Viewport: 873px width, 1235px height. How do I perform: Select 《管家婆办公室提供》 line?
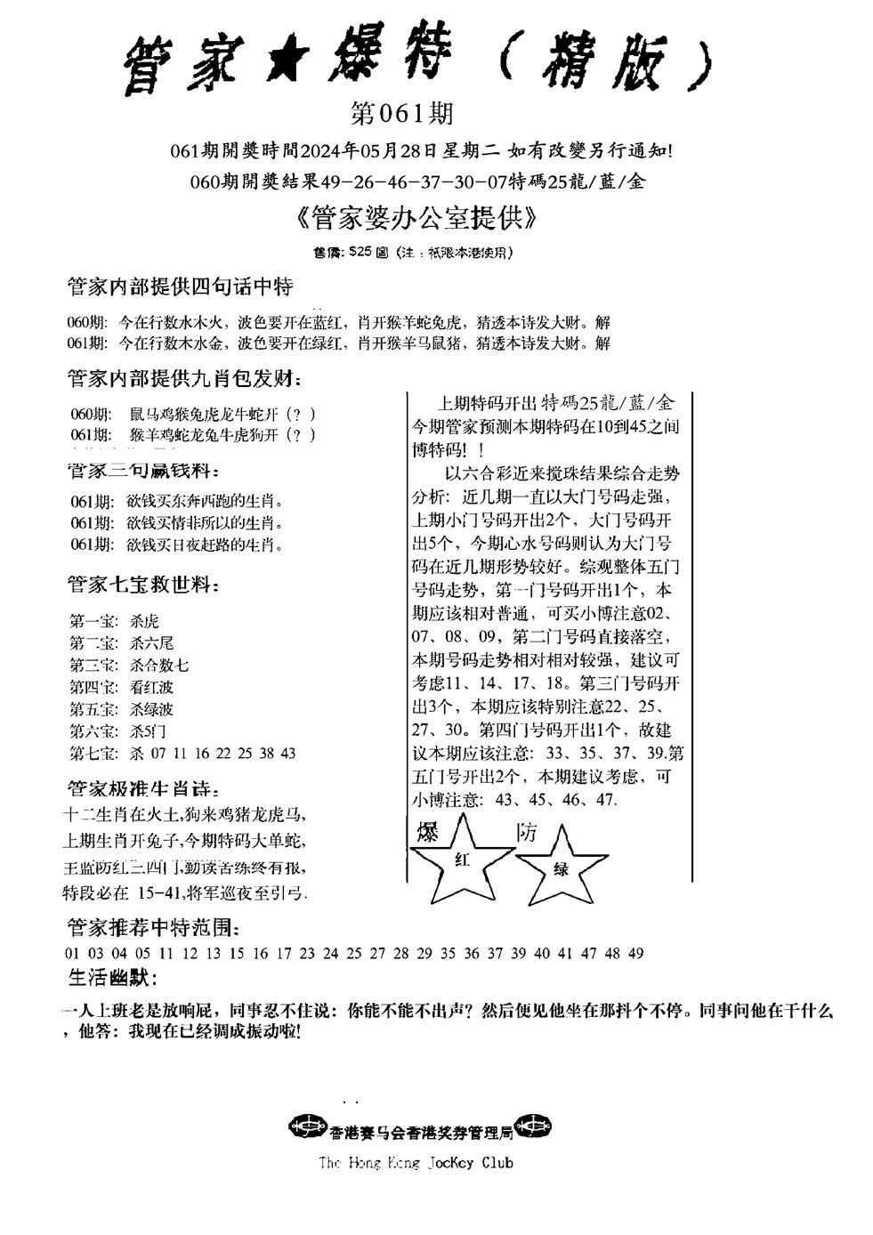[414, 218]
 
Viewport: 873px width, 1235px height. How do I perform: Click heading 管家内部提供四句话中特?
[180, 287]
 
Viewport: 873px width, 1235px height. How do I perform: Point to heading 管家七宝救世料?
[143, 585]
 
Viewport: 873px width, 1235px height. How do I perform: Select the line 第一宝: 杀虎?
[115, 621]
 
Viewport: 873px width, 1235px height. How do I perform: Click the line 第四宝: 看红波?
[121, 687]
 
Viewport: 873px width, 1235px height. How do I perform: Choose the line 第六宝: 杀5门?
[118, 731]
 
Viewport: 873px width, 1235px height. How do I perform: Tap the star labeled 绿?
[562, 868]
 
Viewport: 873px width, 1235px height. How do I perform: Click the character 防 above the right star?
[527, 833]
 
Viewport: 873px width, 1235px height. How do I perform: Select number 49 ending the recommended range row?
[635, 953]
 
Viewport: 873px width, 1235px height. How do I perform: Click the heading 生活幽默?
[112, 978]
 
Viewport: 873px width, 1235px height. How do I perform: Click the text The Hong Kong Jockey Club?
[416, 1162]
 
